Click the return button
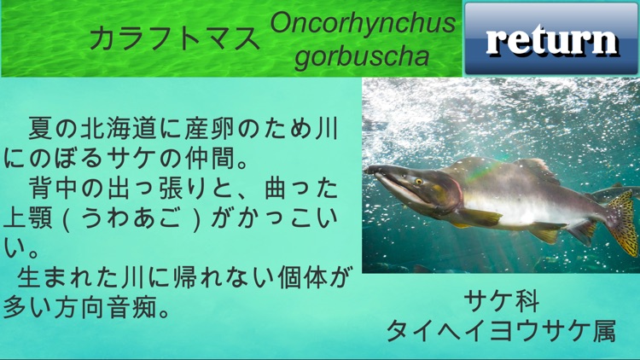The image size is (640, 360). [551, 38]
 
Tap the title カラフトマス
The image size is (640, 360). [174, 38]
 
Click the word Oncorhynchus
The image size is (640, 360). [363, 23]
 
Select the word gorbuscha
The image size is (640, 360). [363, 56]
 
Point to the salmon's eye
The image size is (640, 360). [419, 181]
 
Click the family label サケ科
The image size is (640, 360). [502, 300]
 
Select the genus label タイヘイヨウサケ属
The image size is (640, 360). [501, 330]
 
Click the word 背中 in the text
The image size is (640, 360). [53, 187]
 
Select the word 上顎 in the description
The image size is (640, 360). [26, 216]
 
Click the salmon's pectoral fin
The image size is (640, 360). [482, 218]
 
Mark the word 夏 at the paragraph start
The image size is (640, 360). [38, 130]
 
